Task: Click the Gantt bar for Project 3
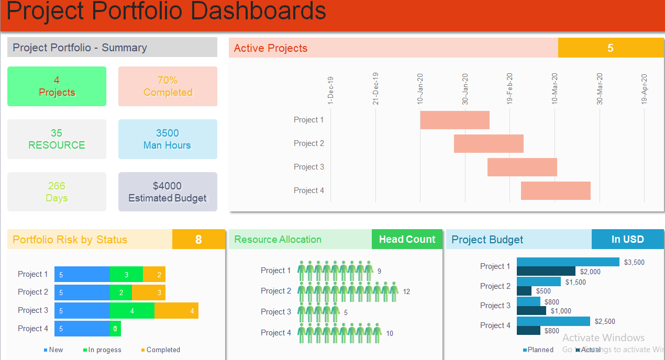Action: pyautogui.click(x=522, y=167)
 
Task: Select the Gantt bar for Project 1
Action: pyautogui.click(x=455, y=120)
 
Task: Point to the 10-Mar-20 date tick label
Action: pyautogui.click(x=555, y=89)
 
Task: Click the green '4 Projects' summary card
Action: pyautogui.click(x=57, y=86)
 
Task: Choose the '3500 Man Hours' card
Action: pyautogui.click(x=168, y=139)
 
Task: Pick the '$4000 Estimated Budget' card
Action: pyautogui.click(x=168, y=192)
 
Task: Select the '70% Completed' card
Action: pyautogui.click(x=168, y=86)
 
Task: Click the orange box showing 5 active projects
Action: pyautogui.click(x=611, y=48)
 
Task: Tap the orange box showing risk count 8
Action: pyautogui.click(x=198, y=240)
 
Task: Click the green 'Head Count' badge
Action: pyautogui.click(x=407, y=240)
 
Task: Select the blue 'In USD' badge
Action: pyautogui.click(x=627, y=240)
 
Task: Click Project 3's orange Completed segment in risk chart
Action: pyautogui.click(x=176, y=311)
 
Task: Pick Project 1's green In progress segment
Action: pyautogui.click(x=126, y=274)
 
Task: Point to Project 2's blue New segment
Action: pyautogui.click(x=82, y=292)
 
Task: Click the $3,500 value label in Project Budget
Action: pyautogui.click(x=635, y=262)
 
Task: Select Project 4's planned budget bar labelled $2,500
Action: pyautogui.click(x=553, y=321)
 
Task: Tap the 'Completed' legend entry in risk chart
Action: pyautogui.click(x=163, y=350)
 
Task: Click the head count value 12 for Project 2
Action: pyautogui.click(x=406, y=291)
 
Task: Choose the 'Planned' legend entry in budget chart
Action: pyautogui.click(x=540, y=350)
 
